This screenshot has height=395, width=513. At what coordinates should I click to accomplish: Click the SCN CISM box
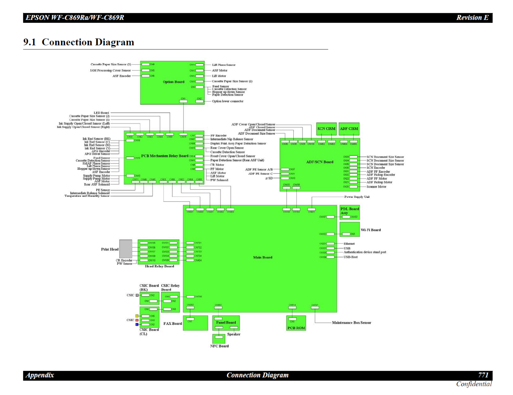point(326,129)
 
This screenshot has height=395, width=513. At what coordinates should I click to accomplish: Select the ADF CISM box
point(349,129)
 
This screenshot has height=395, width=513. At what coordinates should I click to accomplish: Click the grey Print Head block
point(126,249)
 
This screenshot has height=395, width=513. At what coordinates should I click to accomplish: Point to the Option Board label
point(174,82)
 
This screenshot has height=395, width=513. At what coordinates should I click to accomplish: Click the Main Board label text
point(263,257)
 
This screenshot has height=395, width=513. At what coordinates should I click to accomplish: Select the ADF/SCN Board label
point(320,162)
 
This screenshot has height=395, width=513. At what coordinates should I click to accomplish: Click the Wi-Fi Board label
point(371,230)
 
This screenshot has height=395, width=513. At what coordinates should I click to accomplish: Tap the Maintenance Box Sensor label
point(351,323)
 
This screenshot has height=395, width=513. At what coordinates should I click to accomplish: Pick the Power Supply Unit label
point(357,197)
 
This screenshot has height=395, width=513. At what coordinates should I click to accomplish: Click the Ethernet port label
point(349,244)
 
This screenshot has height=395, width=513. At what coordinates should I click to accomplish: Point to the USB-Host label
point(351,257)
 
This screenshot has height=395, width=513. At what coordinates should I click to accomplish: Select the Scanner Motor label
point(376,187)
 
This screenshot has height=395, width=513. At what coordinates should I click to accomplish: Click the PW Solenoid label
point(219,180)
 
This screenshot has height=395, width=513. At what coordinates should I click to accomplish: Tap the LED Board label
point(101,113)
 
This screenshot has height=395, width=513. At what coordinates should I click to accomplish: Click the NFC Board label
point(219,346)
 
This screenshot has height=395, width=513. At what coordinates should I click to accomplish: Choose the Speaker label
point(233,334)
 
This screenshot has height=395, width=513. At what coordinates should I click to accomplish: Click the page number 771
point(483,375)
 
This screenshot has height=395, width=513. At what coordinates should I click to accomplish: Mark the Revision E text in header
point(472,18)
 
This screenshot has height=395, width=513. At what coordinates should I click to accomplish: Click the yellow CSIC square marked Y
point(137,316)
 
